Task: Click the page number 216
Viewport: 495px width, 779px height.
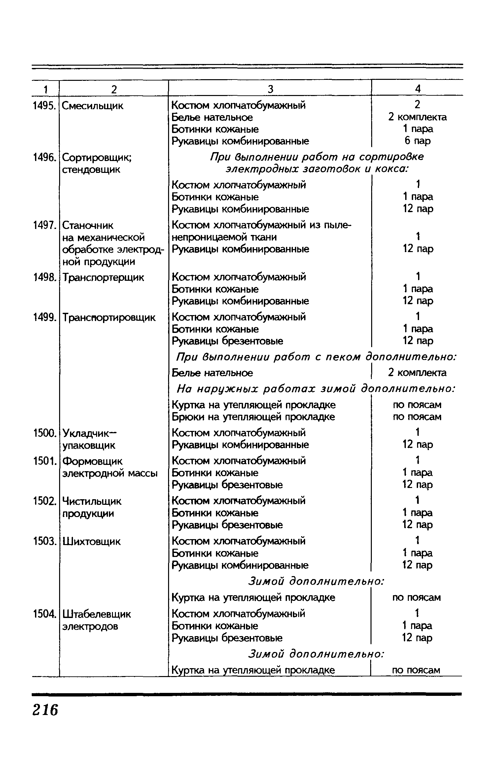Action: pos(45,710)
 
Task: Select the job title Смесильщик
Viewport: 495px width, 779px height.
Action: pos(92,106)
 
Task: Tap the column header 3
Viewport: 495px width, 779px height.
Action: pos(270,89)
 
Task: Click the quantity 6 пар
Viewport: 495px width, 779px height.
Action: pos(417,141)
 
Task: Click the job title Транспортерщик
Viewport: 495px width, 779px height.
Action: pos(103,277)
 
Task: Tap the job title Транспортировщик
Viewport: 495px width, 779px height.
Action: pos(109,317)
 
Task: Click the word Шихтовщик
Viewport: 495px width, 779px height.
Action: pos(91,541)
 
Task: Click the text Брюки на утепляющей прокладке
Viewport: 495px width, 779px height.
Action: pos(253,417)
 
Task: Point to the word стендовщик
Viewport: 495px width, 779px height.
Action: pos(91,170)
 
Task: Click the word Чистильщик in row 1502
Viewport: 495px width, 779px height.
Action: pos(92,501)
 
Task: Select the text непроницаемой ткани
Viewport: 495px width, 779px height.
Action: pos(224,237)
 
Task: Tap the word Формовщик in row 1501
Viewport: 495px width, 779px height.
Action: pos(92,461)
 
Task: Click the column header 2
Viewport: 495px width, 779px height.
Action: pos(114,89)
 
